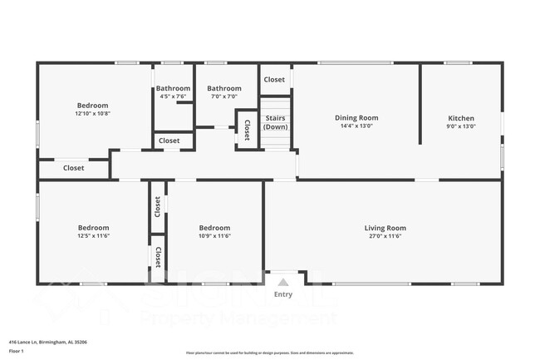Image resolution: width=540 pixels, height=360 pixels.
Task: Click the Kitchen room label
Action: pyautogui.click(x=461, y=118)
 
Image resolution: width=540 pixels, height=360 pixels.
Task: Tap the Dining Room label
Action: pyautogui.click(x=356, y=118)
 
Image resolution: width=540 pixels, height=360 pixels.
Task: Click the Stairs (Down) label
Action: pyautogui.click(x=275, y=122)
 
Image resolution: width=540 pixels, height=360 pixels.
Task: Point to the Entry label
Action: pyautogui.click(x=283, y=294)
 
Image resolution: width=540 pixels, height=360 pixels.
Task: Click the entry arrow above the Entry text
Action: pyautogui.click(x=283, y=283)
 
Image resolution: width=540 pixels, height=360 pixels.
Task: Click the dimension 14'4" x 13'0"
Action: pyautogui.click(x=356, y=126)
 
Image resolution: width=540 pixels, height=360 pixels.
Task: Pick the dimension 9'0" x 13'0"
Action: pyautogui.click(x=461, y=126)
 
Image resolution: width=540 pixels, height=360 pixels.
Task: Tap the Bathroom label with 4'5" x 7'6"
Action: pyautogui.click(x=173, y=88)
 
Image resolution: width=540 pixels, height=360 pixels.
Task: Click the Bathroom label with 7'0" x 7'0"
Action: pyautogui.click(x=223, y=88)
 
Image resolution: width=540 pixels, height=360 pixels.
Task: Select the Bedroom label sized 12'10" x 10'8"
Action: pyautogui.click(x=92, y=106)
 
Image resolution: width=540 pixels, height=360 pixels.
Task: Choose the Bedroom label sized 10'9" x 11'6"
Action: pyautogui.click(x=214, y=228)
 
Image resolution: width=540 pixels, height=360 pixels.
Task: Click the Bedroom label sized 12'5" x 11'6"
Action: pyautogui.click(x=93, y=228)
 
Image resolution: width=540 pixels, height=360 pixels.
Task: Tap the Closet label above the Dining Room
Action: pyautogui.click(x=274, y=80)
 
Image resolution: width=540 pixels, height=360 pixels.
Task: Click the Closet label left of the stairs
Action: pyautogui.click(x=247, y=128)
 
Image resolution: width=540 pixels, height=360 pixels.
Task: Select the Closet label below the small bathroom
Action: pyautogui.click(x=169, y=141)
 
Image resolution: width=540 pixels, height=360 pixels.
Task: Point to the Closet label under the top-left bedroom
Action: pyautogui.click(x=73, y=168)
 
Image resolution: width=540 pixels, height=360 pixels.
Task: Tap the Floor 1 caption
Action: pyautogui.click(x=17, y=351)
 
